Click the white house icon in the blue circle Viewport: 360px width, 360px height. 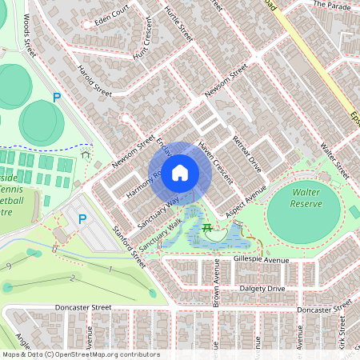tap(180, 172)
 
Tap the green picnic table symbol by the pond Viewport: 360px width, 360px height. tap(208, 230)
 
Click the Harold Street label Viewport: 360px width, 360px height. tap(94, 80)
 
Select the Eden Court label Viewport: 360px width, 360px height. tap(110, 15)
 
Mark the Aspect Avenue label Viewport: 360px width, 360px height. tap(245, 198)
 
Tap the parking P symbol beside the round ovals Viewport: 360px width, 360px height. tap(56, 98)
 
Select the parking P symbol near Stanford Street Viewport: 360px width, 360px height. tap(82, 218)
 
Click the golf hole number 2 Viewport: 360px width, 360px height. tap(71, 278)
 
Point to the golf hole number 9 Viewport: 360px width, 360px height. tap(8, 266)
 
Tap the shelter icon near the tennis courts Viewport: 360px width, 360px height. tap(84, 156)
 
